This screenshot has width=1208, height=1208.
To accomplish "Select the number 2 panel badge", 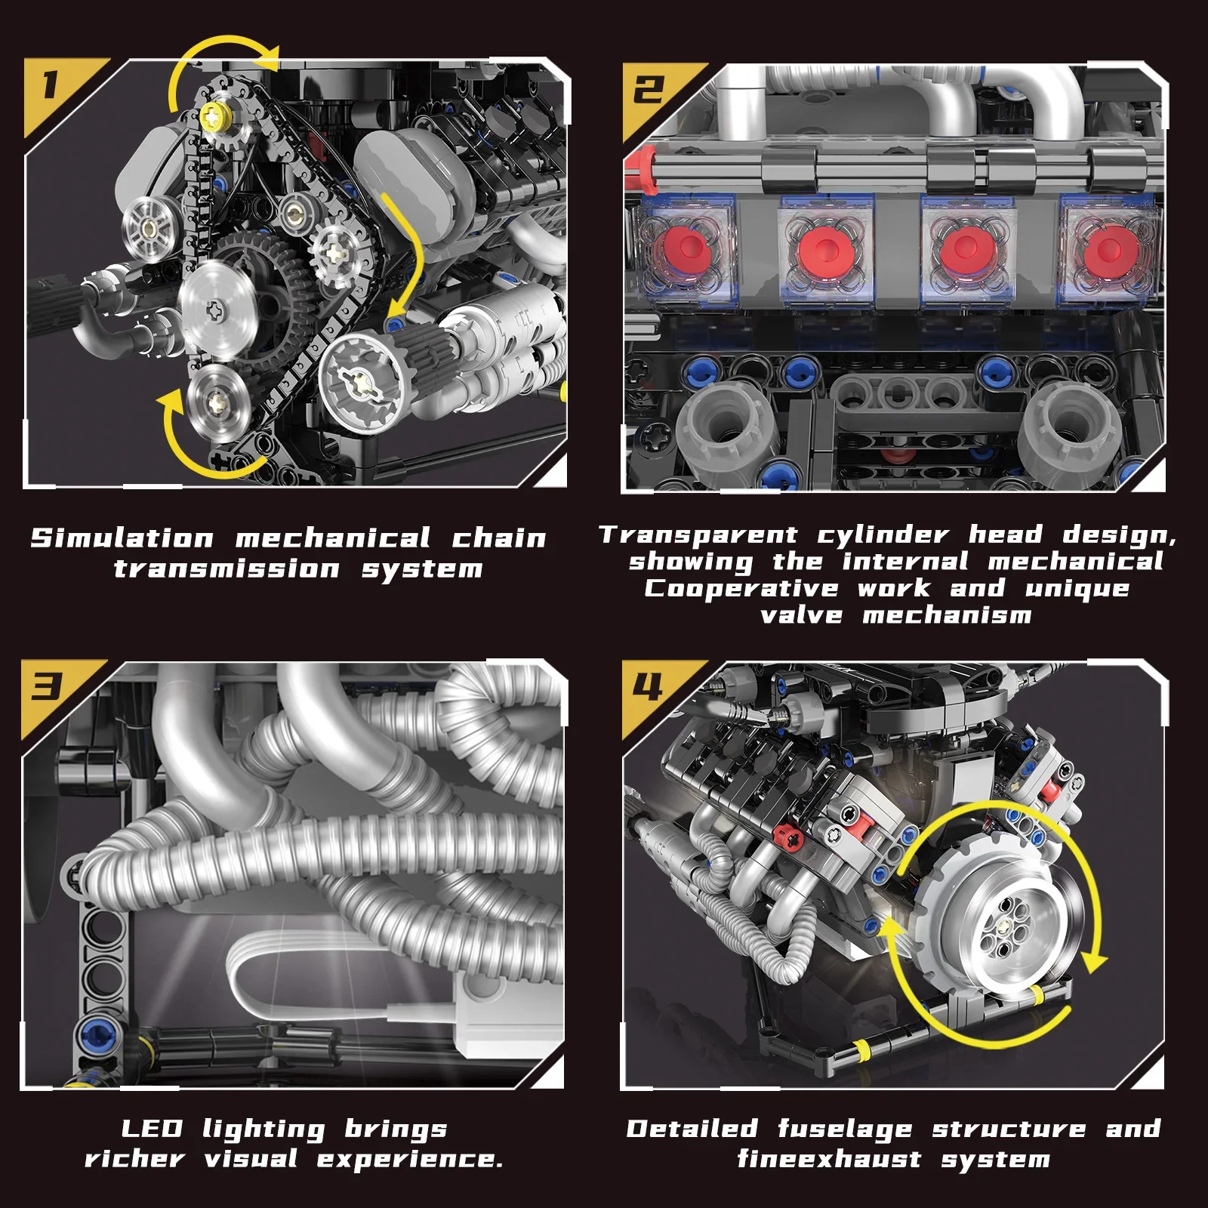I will coord(648,89).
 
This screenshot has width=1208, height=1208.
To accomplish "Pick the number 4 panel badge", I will coord(647,687).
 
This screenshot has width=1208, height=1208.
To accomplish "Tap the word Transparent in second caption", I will coord(698,535).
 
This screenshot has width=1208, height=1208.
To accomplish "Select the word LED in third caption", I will coord(152,1129).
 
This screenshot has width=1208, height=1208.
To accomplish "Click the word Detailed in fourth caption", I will coord(692,1129).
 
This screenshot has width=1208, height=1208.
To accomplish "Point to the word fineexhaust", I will coord(829,1159).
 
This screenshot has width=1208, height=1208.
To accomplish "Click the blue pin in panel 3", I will coord(97,1031).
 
